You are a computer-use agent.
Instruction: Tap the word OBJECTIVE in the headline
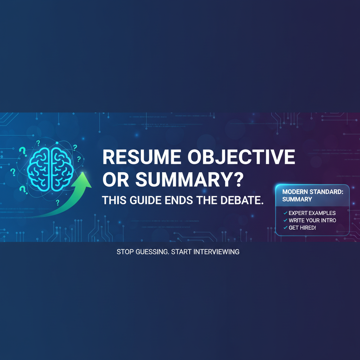point(241,157)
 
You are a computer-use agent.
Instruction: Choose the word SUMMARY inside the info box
point(297,199)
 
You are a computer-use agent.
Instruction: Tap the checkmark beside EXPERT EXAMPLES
point(285,213)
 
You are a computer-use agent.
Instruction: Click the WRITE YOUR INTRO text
point(312,220)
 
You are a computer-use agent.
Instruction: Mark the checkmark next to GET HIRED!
point(285,228)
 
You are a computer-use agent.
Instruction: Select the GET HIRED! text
point(302,228)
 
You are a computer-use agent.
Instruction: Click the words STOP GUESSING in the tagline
point(142,252)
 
